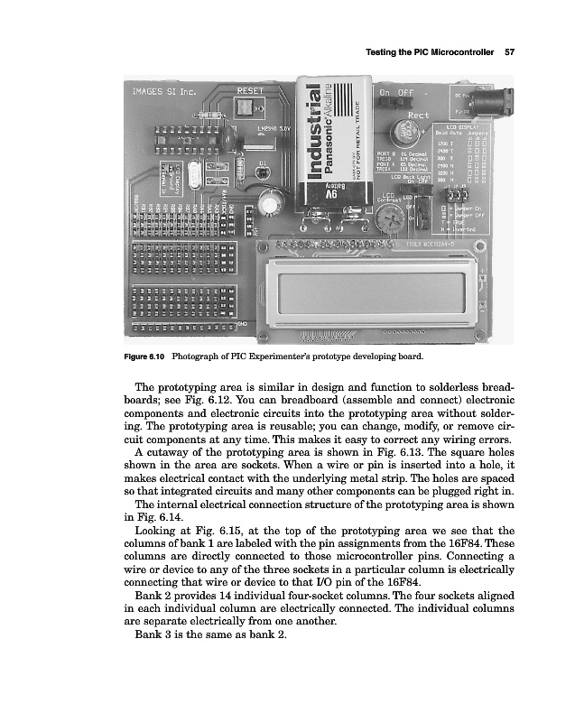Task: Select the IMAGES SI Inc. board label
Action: point(164,92)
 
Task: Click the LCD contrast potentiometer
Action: point(390,214)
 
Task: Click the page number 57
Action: point(509,51)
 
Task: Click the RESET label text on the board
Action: point(250,91)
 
